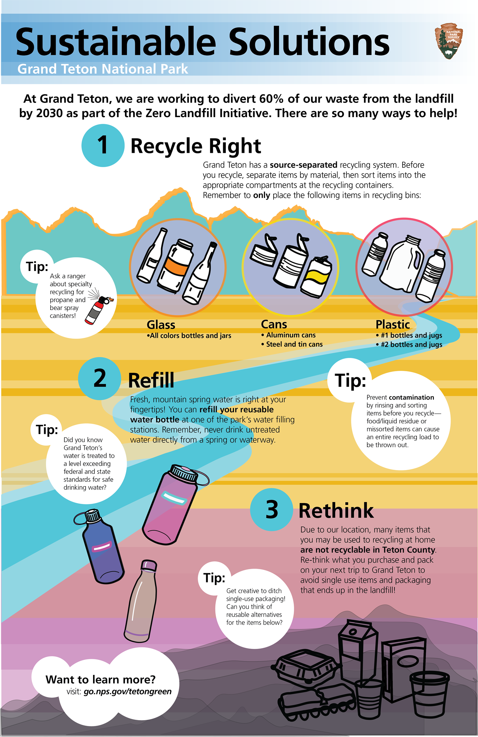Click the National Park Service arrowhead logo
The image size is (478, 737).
(x=449, y=41)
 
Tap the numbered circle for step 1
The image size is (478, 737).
(x=103, y=145)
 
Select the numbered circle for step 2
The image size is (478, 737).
(x=100, y=378)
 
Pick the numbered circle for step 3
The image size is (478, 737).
(x=271, y=509)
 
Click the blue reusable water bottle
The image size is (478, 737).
(x=101, y=547)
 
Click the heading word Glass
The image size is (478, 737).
(x=161, y=325)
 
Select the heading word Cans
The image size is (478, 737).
(x=274, y=324)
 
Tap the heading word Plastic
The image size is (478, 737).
(x=393, y=325)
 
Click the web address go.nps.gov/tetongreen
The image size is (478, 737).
(x=128, y=691)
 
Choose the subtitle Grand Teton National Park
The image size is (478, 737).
(x=103, y=69)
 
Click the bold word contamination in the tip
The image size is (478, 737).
(x=411, y=397)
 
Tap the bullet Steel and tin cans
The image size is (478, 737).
(x=294, y=344)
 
